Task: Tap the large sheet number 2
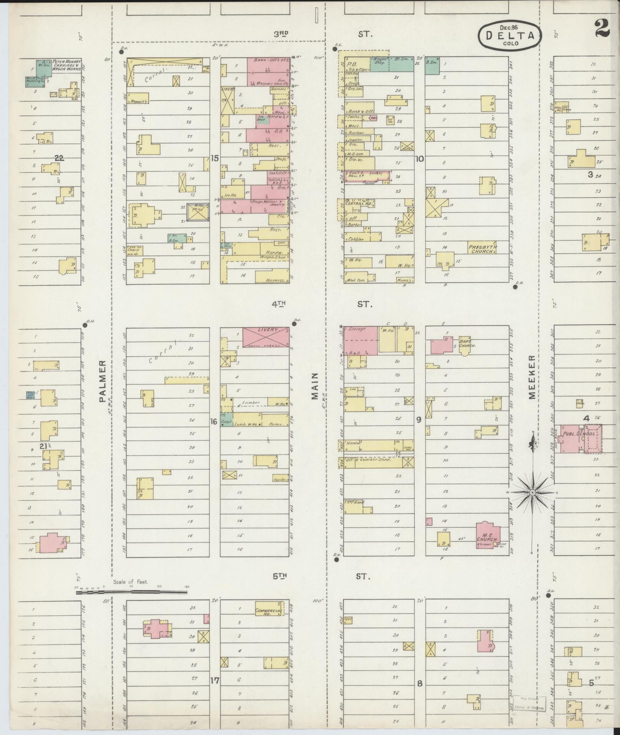(x=602, y=28)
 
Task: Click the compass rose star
(x=533, y=492)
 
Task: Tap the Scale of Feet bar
(x=131, y=592)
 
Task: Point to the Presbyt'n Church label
(x=482, y=249)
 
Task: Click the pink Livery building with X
(x=266, y=336)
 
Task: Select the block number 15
(x=214, y=158)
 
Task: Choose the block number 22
(x=59, y=158)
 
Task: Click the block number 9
(x=419, y=420)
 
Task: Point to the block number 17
(x=214, y=680)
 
